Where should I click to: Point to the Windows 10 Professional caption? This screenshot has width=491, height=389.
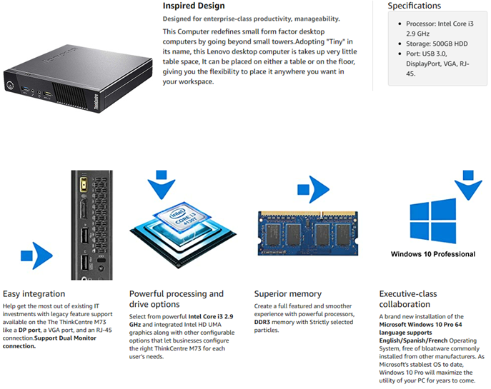432,254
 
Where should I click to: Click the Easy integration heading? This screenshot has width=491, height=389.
34,293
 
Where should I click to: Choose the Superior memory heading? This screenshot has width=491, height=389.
288,293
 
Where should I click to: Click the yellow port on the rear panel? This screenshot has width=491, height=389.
82,183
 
